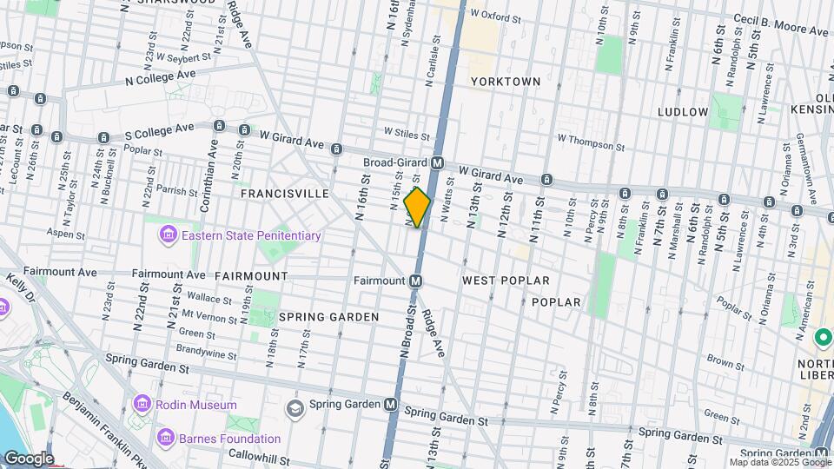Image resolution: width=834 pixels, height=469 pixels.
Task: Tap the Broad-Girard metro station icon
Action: (x=438, y=162)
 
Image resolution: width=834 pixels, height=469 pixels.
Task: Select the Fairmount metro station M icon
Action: (x=416, y=281)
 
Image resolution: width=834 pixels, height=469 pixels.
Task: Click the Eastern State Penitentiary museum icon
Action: (x=167, y=235)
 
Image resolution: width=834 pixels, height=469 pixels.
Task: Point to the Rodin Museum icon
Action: (x=142, y=405)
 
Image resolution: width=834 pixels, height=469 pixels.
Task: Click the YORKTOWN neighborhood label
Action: (x=506, y=82)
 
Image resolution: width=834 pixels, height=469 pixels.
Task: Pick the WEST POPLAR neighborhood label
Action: (x=506, y=281)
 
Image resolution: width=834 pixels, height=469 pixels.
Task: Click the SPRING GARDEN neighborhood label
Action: (x=328, y=317)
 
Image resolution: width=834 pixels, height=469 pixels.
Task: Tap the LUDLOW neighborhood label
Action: (x=683, y=112)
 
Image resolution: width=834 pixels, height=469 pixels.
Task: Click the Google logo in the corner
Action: (x=29, y=458)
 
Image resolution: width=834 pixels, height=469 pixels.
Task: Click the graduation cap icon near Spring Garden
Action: (x=295, y=408)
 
